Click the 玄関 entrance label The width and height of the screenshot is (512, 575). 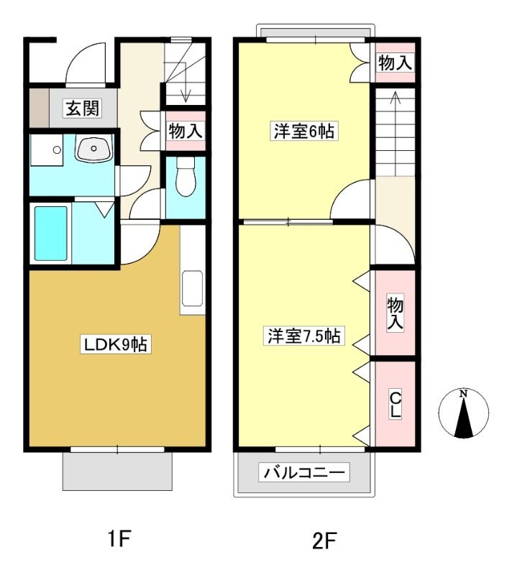(83, 109)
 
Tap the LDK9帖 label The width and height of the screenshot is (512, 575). (116, 345)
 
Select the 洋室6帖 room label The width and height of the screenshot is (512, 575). (304, 132)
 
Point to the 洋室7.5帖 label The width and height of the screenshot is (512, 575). (304, 336)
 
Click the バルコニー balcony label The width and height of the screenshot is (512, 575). (304, 472)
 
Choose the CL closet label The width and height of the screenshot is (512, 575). (395, 405)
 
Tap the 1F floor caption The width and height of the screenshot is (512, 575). (119, 538)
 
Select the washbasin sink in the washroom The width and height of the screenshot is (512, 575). (93, 149)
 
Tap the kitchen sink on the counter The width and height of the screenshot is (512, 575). (192, 288)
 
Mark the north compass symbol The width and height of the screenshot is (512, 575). (464, 413)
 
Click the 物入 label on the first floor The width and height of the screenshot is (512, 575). (186, 131)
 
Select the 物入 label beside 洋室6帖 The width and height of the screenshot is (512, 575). (395, 63)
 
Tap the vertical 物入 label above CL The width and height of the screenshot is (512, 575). (395, 313)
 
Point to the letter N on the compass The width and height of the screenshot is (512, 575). (464, 394)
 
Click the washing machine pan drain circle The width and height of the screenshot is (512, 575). (57, 149)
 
